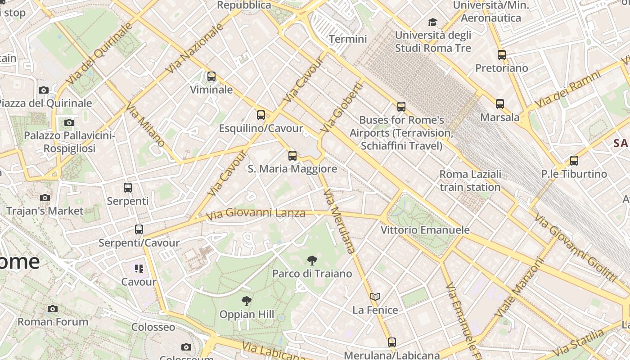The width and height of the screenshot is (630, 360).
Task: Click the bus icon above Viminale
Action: [211, 76]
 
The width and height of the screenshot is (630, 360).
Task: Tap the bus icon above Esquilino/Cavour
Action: [261, 115]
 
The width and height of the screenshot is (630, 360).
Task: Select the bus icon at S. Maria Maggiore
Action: [292, 156]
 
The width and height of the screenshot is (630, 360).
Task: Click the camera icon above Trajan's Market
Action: [45, 198]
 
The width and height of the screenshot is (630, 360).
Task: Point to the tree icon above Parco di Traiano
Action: [312, 260]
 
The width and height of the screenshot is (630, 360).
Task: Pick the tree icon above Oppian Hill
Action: [246, 301]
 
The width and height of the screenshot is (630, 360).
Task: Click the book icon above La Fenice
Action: [375, 297]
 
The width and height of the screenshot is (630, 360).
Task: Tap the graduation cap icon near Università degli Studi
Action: [432, 22]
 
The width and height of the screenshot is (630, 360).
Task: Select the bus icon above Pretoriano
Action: [502, 55]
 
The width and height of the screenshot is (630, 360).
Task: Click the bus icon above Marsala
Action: [500, 104]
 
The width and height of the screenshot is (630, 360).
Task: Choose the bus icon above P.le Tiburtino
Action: [574, 161]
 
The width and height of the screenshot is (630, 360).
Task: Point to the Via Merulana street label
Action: [339, 221]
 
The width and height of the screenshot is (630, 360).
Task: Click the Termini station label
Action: [348, 39]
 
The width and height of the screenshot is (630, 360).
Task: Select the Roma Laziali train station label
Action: [470, 180]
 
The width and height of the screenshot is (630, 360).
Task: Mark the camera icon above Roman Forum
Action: [53, 309]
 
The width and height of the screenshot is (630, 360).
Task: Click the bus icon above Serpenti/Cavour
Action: [139, 229]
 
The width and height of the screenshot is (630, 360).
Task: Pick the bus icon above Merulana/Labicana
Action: [392, 342]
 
